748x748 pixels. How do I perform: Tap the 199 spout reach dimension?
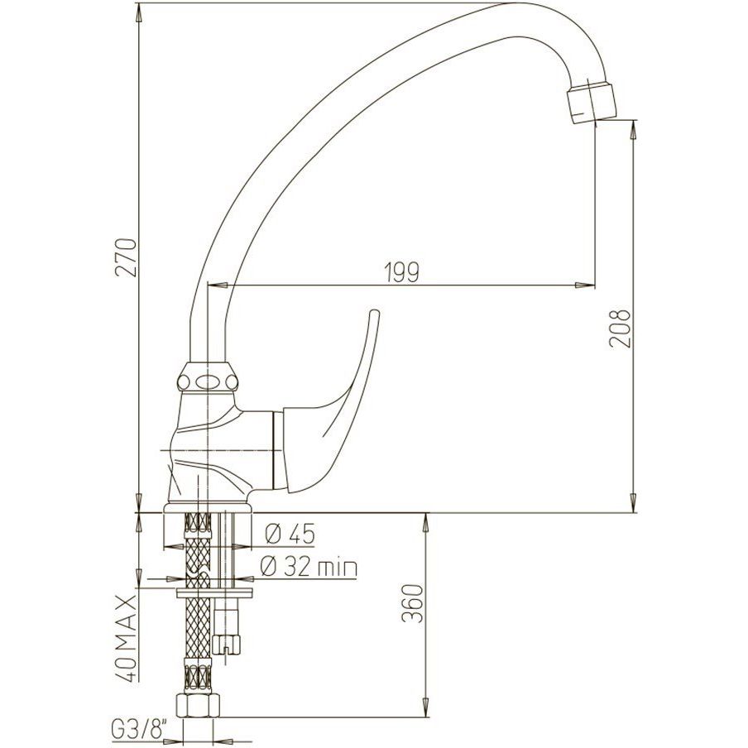pos(401,272)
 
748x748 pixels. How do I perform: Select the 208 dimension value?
pos(621,328)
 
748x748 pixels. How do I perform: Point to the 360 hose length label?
pos(413,603)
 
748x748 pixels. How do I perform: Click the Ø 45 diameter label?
pos(290,534)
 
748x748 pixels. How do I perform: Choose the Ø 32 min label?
pos(309,567)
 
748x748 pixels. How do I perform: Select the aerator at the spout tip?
pos(591,103)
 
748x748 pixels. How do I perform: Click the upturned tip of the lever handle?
pos(375,315)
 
